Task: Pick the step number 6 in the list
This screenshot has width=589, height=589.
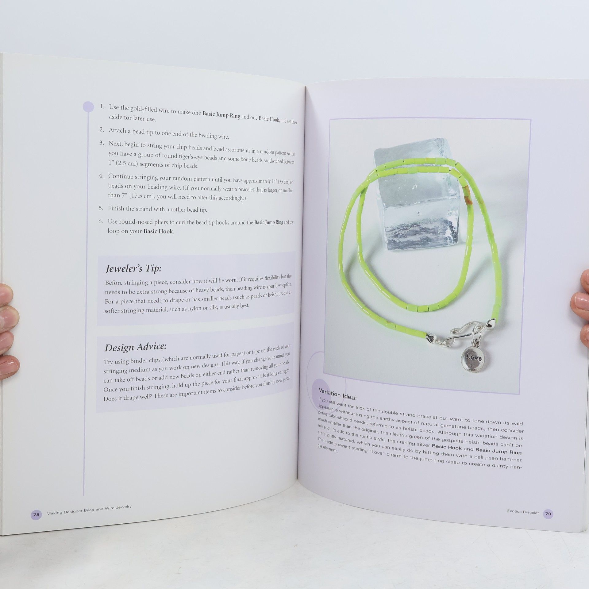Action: point(101,221)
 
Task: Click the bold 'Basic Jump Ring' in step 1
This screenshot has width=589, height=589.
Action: point(221,115)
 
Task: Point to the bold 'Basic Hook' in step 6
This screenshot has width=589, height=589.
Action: point(158,231)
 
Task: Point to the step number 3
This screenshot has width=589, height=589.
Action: point(102,143)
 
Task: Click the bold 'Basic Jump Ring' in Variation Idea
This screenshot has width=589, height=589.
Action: point(498,451)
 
